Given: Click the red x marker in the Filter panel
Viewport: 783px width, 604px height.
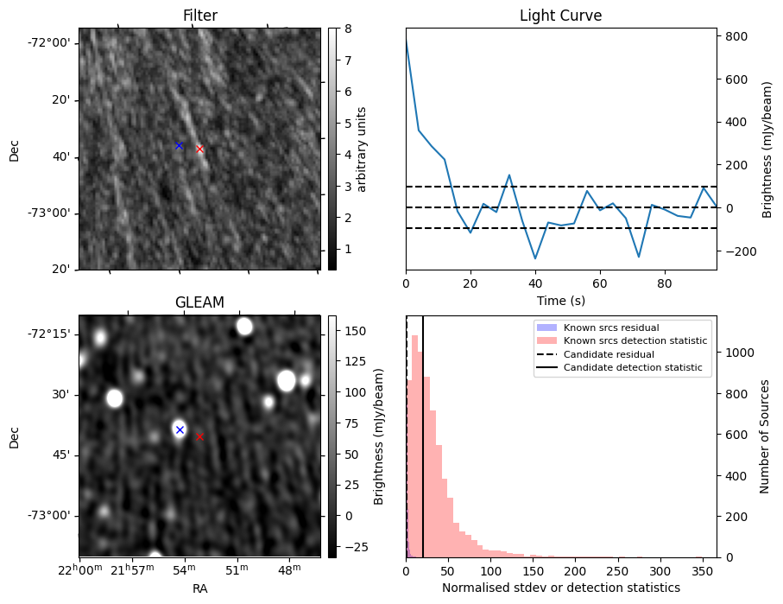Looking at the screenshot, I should (200, 149).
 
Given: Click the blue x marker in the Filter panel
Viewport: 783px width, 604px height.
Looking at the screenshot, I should (179, 145).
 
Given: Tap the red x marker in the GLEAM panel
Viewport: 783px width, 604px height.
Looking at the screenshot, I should (200, 436).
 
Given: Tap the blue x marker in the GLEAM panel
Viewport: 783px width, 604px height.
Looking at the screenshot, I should (180, 429).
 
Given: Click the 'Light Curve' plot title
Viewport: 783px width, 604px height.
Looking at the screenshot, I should (560, 16).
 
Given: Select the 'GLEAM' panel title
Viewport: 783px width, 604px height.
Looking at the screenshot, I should (199, 302).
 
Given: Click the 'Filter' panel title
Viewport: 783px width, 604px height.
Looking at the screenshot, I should (199, 16).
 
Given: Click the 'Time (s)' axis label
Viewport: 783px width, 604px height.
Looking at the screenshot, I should (560, 299).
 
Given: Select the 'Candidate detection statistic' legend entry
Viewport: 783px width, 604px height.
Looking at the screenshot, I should (635, 368).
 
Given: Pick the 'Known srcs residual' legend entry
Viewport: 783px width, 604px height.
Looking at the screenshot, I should (610, 327).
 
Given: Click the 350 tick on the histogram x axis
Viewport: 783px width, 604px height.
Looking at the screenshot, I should (702, 571).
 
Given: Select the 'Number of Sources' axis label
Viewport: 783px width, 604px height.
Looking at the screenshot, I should (765, 436).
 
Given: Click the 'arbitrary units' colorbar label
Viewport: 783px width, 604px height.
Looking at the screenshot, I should (363, 149).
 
